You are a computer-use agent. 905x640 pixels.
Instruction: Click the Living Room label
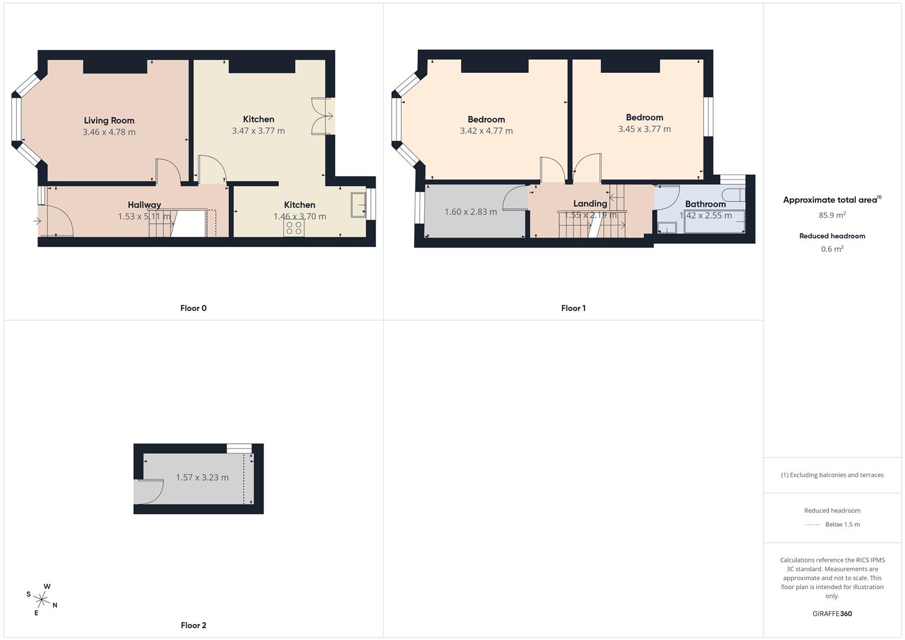(109, 120)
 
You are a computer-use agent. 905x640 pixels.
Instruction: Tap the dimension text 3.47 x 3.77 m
(258, 131)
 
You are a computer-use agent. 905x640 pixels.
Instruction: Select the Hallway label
(144, 205)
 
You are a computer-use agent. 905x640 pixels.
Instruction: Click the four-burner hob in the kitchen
(293, 228)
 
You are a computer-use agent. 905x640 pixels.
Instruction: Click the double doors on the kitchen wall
(324, 116)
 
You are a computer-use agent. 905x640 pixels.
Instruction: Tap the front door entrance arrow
(37, 222)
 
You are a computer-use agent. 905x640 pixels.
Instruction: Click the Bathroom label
(705, 204)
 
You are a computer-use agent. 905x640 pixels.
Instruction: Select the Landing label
(590, 203)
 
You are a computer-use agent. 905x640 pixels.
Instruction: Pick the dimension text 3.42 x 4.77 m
(486, 131)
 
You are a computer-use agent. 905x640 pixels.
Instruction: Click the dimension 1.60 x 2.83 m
(471, 212)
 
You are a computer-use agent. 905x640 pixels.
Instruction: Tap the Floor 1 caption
(573, 308)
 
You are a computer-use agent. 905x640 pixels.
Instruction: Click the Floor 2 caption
(193, 625)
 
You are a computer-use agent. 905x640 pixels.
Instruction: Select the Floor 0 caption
(193, 308)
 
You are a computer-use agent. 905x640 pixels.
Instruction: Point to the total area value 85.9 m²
(832, 215)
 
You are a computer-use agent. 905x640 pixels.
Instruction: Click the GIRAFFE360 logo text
(832, 614)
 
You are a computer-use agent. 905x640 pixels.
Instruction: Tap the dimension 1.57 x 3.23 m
(202, 478)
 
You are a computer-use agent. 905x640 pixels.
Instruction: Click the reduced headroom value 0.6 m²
(832, 249)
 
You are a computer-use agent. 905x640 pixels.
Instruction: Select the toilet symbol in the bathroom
(733, 195)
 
